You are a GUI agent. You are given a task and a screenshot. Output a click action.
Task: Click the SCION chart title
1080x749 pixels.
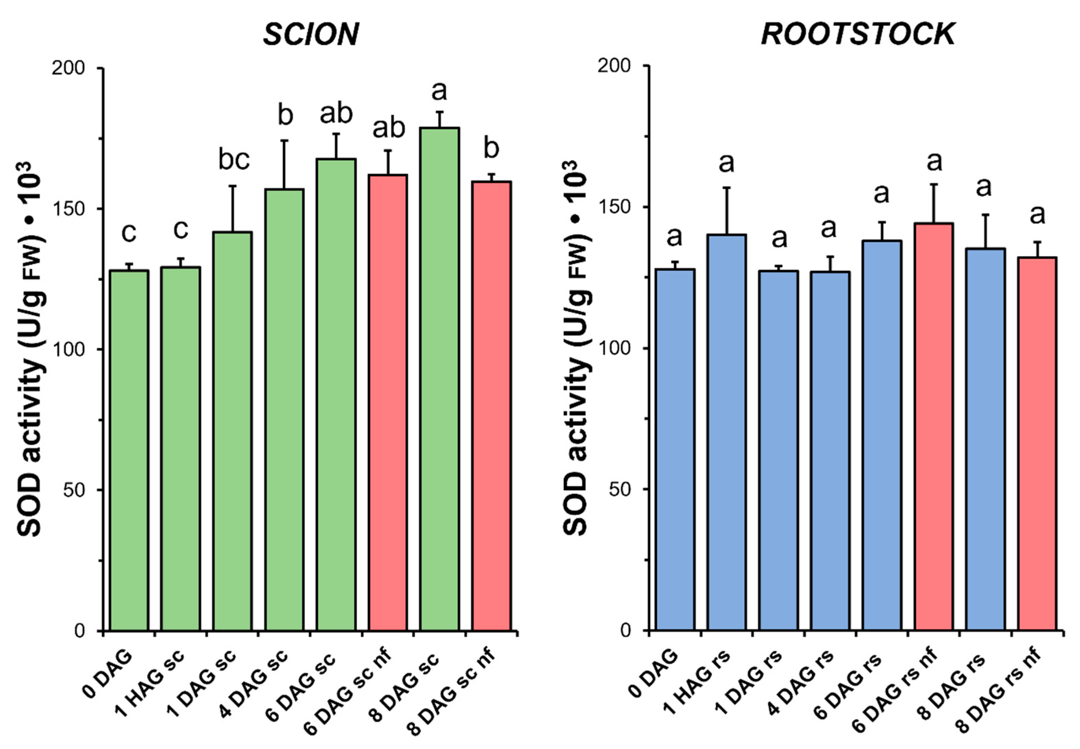coord(311,34)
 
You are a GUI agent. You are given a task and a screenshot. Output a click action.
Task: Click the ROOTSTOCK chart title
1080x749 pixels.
coord(858,34)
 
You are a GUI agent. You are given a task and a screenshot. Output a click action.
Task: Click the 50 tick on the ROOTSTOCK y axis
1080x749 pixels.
coord(620,489)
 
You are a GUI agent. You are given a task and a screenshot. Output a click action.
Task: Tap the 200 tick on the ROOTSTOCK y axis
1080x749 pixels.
coord(614,66)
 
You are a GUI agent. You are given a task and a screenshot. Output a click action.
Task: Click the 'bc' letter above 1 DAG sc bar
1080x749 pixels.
coord(234,160)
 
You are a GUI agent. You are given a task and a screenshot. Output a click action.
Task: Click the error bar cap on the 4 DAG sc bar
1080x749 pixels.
coord(284,140)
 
